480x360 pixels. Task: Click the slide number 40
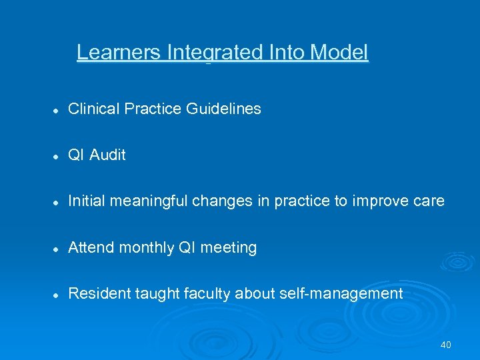(x=446, y=345)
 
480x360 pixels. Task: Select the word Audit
(x=107, y=155)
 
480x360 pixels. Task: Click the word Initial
(x=85, y=201)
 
